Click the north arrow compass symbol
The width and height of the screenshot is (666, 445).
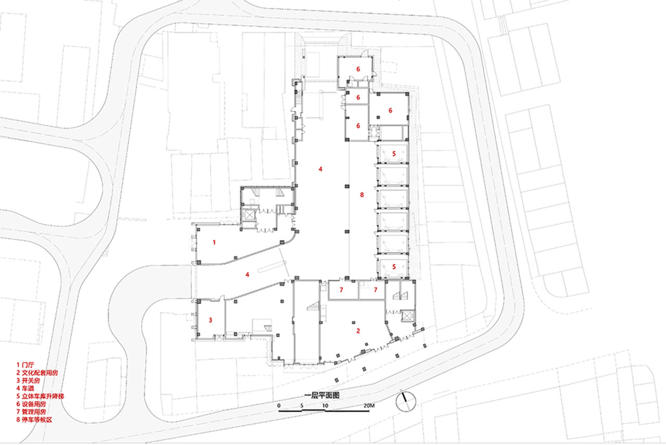point(405,401)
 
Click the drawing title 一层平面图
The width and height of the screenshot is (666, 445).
point(322,396)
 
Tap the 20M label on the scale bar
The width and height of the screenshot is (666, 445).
point(369,405)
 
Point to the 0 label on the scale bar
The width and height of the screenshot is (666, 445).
point(278,405)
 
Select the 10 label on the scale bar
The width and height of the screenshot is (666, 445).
point(325,405)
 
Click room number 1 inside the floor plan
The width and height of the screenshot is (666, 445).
point(214,242)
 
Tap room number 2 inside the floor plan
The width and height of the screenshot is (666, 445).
point(358,331)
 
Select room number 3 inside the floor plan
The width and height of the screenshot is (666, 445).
point(211,320)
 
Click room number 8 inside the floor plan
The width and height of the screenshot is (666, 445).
point(362,195)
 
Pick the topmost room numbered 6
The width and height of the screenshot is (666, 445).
point(358,69)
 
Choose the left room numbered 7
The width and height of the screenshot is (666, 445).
point(341,290)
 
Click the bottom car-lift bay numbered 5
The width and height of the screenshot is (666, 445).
point(394,267)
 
